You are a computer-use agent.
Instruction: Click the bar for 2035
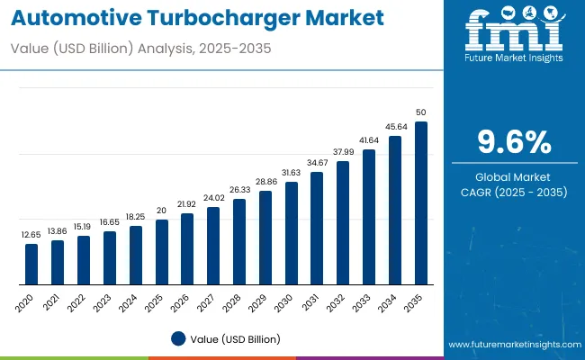[420, 202]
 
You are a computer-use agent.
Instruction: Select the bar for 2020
[31, 264]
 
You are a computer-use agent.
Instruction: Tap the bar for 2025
[161, 251]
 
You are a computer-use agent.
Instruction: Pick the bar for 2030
[291, 232]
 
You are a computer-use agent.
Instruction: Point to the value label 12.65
[31, 234]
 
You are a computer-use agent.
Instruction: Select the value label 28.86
[265, 181]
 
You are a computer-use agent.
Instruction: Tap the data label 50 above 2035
[420, 112]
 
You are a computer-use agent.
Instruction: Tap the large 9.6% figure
[513, 142]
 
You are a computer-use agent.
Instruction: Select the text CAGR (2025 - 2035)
[513, 192]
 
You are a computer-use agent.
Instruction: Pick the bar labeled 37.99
[343, 222]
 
